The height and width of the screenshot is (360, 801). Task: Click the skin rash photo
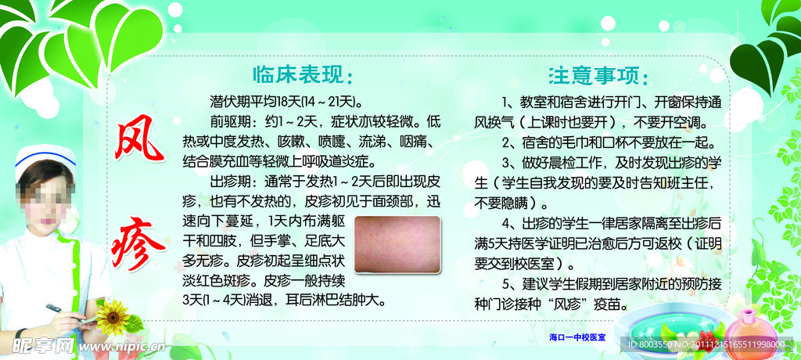tap(397, 244)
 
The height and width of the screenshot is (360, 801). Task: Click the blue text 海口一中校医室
tap(577, 337)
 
